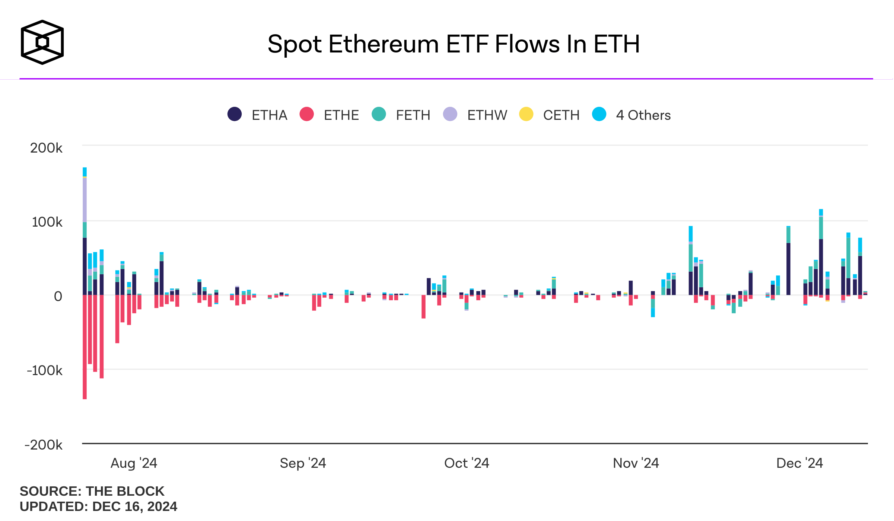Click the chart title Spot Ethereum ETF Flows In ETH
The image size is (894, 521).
click(x=454, y=44)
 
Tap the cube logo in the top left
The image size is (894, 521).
click(x=42, y=42)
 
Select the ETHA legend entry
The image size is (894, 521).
click(x=258, y=115)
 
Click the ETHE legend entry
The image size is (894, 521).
click(x=330, y=115)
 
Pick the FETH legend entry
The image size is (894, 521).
click(x=401, y=115)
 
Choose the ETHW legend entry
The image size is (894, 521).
click(x=475, y=115)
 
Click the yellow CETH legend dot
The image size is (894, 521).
click(x=526, y=114)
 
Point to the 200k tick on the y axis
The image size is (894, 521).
click(x=46, y=148)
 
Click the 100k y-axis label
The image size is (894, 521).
click(x=47, y=222)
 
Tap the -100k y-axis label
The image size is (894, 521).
click(x=44, y=371)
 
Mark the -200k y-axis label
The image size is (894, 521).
click(x=43, y=445)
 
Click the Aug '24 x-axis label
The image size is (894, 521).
click(x=134, y=463)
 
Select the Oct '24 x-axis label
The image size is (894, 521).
click(x=467, y=463)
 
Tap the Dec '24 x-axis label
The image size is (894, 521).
click(x=799, y=463)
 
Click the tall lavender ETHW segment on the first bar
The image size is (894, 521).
click(x=85, y=200)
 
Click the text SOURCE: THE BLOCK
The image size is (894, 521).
click(x=92, y=491)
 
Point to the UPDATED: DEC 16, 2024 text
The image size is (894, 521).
click(x=98, y=506)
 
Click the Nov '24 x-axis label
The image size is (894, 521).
click(x=636, y=463)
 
